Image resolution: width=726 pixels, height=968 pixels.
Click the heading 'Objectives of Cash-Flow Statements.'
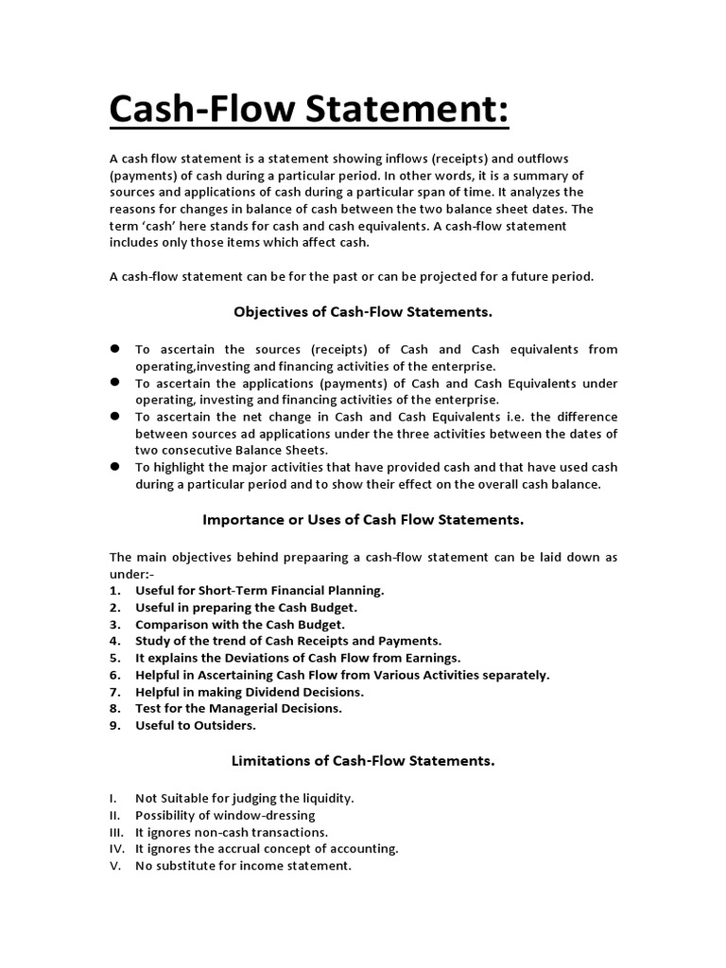363,310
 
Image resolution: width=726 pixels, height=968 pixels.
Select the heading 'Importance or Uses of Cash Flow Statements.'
363,519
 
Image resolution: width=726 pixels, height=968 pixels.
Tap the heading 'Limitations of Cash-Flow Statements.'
363,759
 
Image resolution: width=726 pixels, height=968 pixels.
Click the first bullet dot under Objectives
114,349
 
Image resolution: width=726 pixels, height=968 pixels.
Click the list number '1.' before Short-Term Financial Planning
114,590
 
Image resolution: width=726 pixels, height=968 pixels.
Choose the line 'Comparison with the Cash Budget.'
240,624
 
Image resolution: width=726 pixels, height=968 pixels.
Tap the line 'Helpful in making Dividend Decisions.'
250,692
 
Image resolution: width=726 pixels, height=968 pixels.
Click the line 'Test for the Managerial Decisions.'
238,707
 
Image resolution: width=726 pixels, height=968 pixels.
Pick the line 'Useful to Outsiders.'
196,725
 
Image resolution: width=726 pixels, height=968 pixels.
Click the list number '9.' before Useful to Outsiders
114,725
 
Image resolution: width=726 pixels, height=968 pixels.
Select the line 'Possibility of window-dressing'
225,815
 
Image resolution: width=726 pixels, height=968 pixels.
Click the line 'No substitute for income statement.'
243,866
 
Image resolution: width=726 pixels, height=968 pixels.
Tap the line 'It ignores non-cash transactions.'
232,832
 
